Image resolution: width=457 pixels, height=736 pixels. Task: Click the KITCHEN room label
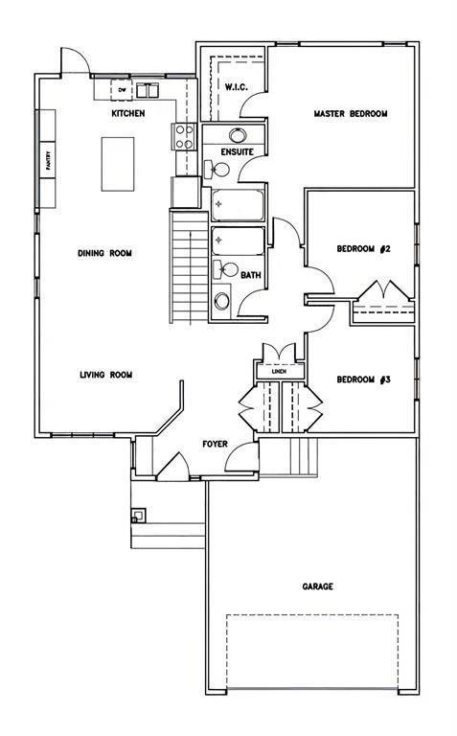pyautogui.click(x=128, y=114)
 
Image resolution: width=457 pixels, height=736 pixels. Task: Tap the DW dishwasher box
pyautogui.click(x=122, y=90)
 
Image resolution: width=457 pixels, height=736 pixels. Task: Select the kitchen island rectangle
pyautogui.click(x=118, y=164)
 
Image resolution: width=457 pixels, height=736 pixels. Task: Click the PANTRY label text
pyautogui.click(x=47, y=160)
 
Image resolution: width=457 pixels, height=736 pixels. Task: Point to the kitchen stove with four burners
pyautogui.click(x=183, y=137)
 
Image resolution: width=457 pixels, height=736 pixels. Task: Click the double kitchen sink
pyautogui.click(x=148, y=90)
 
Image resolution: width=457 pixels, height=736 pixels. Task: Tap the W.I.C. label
pyautogui.click(x=236, y=87)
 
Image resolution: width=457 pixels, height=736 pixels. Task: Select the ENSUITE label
pyautogui.click(x=238, y=152)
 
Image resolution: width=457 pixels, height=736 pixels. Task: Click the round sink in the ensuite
pyautogui.click(x=238, y=135)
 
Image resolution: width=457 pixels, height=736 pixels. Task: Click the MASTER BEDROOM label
pyautogui.click(x=351, y=114)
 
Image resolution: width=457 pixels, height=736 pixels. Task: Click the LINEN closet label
pyautogui.click(x=280, y=372)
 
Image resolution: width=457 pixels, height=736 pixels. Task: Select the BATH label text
pyautogui.click(x=251, y=276)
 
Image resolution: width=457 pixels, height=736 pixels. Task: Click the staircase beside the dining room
pyautogui.click(x=190, y=267)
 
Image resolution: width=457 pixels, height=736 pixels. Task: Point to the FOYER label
pyautogui.click(x=215, y=444)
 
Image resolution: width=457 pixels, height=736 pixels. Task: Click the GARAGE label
pyautogui.click(x=318, y=586)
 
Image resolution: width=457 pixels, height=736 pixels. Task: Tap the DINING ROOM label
pyautogui.click(x=104, y=253)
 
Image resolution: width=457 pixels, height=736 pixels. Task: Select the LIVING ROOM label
pyautogui.click(x=105, y=375)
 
